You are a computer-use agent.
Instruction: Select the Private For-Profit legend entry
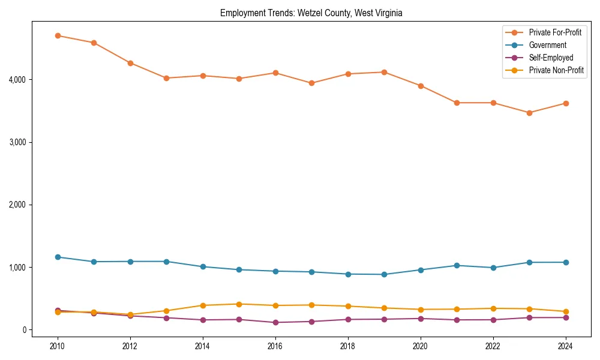(x=555, y=32)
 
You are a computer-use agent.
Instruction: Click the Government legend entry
(x=547, y=45)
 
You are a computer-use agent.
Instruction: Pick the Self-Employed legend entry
(x=551, y=58)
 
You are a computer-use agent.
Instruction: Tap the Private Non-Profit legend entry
(x=556, y=70)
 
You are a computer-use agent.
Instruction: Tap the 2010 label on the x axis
(x=58, y=346)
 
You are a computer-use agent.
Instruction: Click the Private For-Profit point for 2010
(x=58, y=35)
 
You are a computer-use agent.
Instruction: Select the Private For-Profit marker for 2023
(x=529, y=113)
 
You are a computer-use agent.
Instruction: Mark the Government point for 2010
(x=58, y=257)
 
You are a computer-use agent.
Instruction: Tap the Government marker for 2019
(x=384, y=274)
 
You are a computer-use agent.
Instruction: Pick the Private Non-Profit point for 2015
(x=239, y=304)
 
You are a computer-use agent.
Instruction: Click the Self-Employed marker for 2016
(x=275, y=322)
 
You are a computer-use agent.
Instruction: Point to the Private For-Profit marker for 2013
(x=166, y=78)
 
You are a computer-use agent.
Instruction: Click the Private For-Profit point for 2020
(x=421, y=86)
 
